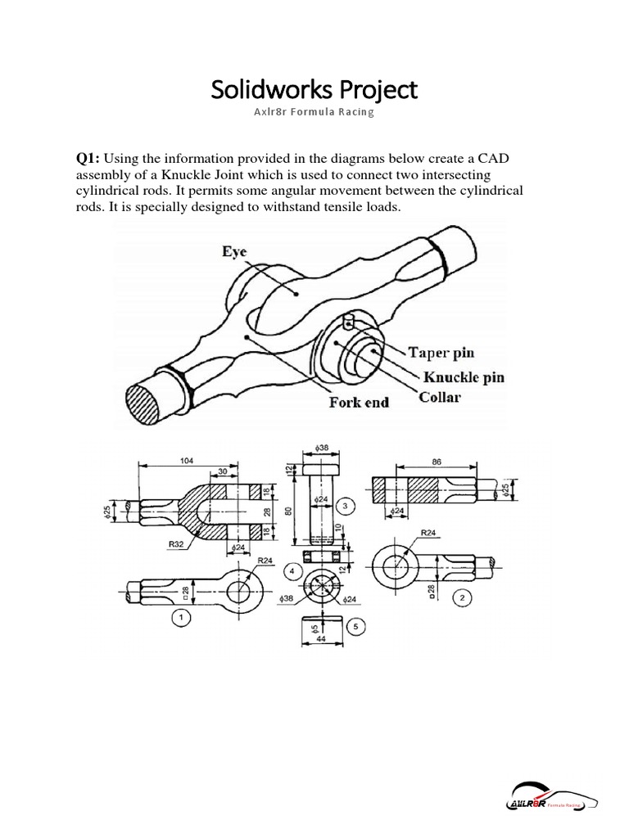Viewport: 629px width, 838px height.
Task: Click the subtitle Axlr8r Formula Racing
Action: click(314, 112)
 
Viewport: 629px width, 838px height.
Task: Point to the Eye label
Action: click(233, 253)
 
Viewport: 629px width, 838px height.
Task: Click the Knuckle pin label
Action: click(464, 377)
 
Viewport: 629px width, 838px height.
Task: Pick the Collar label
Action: click(440, 398)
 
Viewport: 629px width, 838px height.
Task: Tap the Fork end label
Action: click(359, 403)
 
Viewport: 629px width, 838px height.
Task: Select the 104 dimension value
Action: click(188, 460)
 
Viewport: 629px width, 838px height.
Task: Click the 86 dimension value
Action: click(437, 462)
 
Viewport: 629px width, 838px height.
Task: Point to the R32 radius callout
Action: click(176, 543)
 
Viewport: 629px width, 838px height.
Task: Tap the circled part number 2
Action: click(463, 598)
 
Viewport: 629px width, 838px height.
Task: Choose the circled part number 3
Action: click(346, 507)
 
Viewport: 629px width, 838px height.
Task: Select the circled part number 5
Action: click(355, 627)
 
